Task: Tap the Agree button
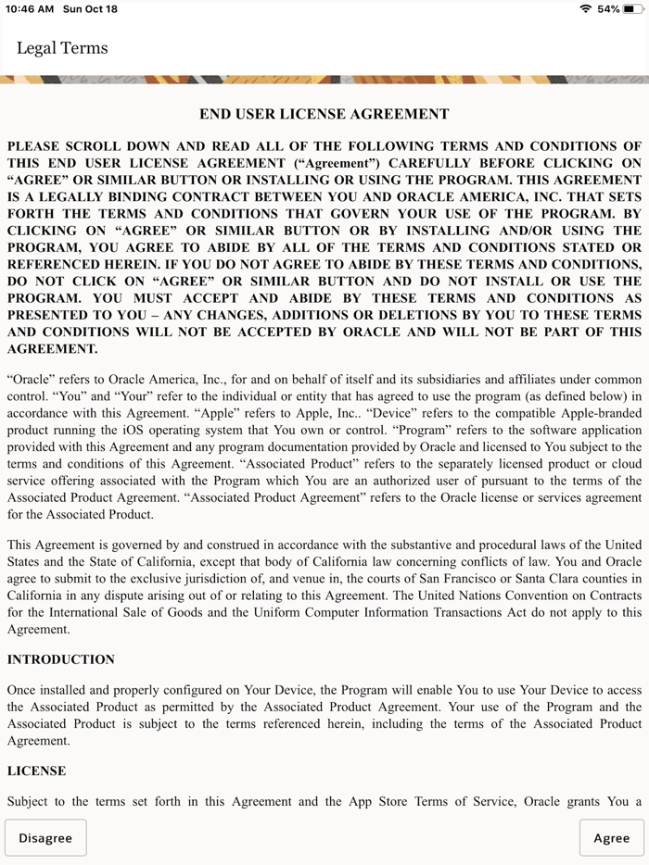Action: click(611, 838)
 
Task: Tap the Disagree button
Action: click(45, 838)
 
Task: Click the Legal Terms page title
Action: click(62, 48)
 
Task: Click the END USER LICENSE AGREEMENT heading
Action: click(324, 114)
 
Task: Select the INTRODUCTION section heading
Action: click(61, 659)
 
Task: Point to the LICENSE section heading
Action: click(36, 771)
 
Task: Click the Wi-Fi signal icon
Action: click(585, 8)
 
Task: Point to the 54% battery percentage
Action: click(608, 8)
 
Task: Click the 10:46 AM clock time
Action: click(30, 8)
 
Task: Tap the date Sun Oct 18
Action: click(90, 8)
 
